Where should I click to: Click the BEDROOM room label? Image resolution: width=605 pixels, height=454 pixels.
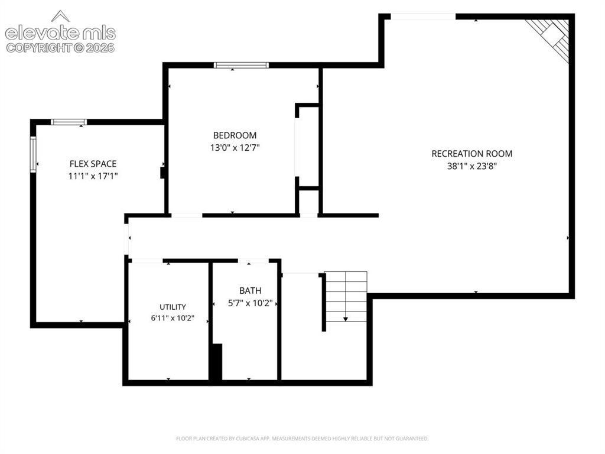click(x=235, y=135)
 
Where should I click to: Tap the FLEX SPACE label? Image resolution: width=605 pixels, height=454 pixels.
click(x=93, y=164)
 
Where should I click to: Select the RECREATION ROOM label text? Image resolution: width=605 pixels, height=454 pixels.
click(x=472, y=154)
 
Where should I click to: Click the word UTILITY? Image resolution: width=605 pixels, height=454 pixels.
click(x=173, y=307)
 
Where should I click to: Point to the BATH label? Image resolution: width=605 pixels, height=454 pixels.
click(x=250, y=291)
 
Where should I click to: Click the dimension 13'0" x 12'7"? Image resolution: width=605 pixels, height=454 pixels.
click(x=235, y=147)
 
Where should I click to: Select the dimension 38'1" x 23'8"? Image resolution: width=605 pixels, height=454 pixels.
click(x=472, y=166)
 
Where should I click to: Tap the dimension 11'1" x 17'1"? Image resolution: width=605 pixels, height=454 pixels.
click(x=93, y=176)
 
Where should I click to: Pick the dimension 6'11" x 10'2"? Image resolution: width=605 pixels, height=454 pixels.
click(x=173, y=318)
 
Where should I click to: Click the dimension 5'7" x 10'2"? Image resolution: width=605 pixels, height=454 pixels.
click(x=250, y=303)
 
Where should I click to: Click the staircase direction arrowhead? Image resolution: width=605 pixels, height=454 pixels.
click(x=346, y=319)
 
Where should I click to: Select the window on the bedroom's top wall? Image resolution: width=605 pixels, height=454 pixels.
click(x=241, y=65)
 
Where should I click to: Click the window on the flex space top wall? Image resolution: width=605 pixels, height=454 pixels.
click(x=69, y=122)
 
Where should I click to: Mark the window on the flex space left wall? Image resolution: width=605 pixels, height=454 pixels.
click(x=33, y=154)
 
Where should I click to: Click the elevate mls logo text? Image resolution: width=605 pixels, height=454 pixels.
click(x=60, y=33)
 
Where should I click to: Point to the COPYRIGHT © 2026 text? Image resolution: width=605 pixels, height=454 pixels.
click(x=60, y=48)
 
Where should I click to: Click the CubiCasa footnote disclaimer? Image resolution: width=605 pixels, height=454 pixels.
click(x=302, y=439)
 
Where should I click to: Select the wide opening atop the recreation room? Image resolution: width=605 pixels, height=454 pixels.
click(x=423, y=16)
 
